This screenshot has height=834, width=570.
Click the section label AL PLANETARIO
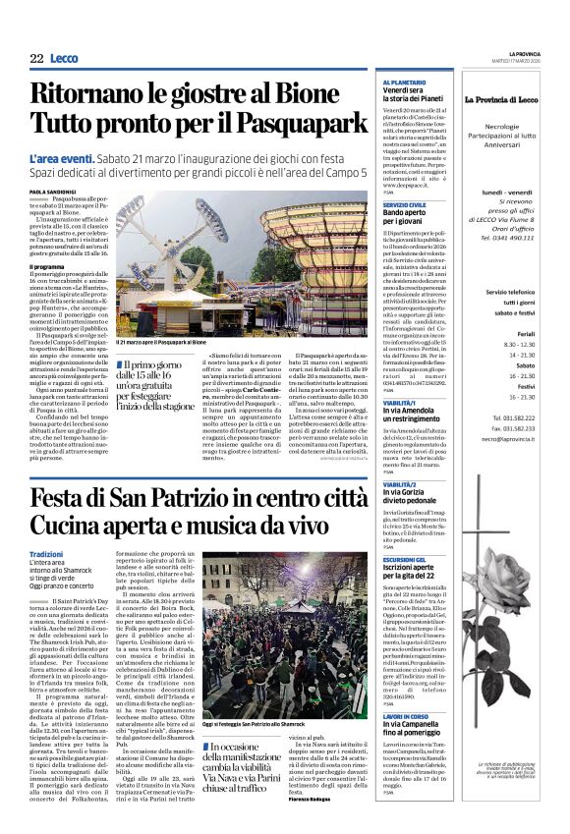tap(404, 83)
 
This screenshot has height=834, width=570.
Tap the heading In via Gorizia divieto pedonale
tap(409, 490)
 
